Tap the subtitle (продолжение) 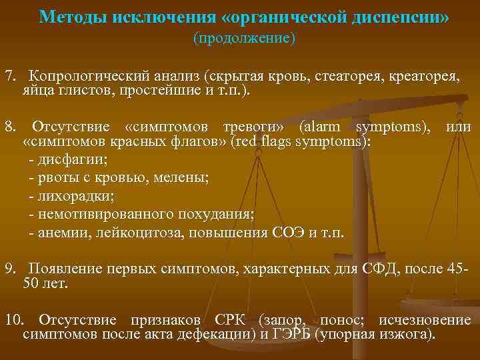point(244,38)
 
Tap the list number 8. point(9,127)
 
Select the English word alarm point(326,127)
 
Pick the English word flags point(253,141)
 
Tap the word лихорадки point(75,196)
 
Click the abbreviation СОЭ point(285,233)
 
